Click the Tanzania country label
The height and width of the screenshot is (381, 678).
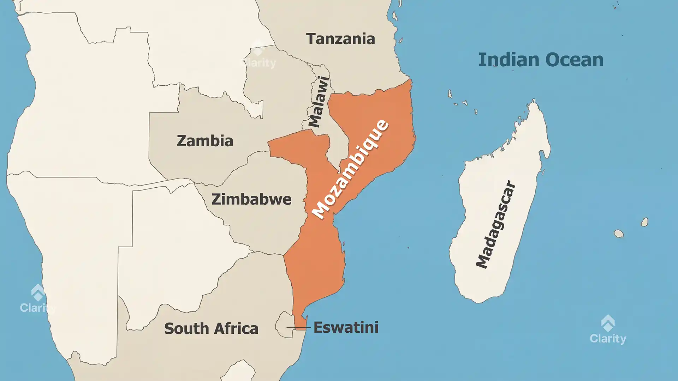click(x=340, y=39)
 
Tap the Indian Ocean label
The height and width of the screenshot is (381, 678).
click(x=541, y=60)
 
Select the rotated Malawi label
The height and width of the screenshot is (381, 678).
click(x=319, y=102)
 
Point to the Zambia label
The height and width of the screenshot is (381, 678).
click(x=205, y=141)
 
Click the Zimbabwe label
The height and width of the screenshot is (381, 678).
click(x=251, y=199)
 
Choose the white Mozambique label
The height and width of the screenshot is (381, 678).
click(x=350, y=169)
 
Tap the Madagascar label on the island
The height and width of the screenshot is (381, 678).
click(x=496, y=225)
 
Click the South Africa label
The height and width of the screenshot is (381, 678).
click(x=211, y=328)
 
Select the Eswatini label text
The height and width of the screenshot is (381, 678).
click(x=346, y=327)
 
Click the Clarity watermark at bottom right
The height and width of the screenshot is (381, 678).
click(x=608, y=330)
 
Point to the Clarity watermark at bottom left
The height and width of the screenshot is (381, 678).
click(x=37, y=299)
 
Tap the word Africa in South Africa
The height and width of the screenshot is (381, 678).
click(x=236, y=328)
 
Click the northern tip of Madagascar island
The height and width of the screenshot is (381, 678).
click(x=534, y=101)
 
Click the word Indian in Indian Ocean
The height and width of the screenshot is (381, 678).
click(x=509, y=60)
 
